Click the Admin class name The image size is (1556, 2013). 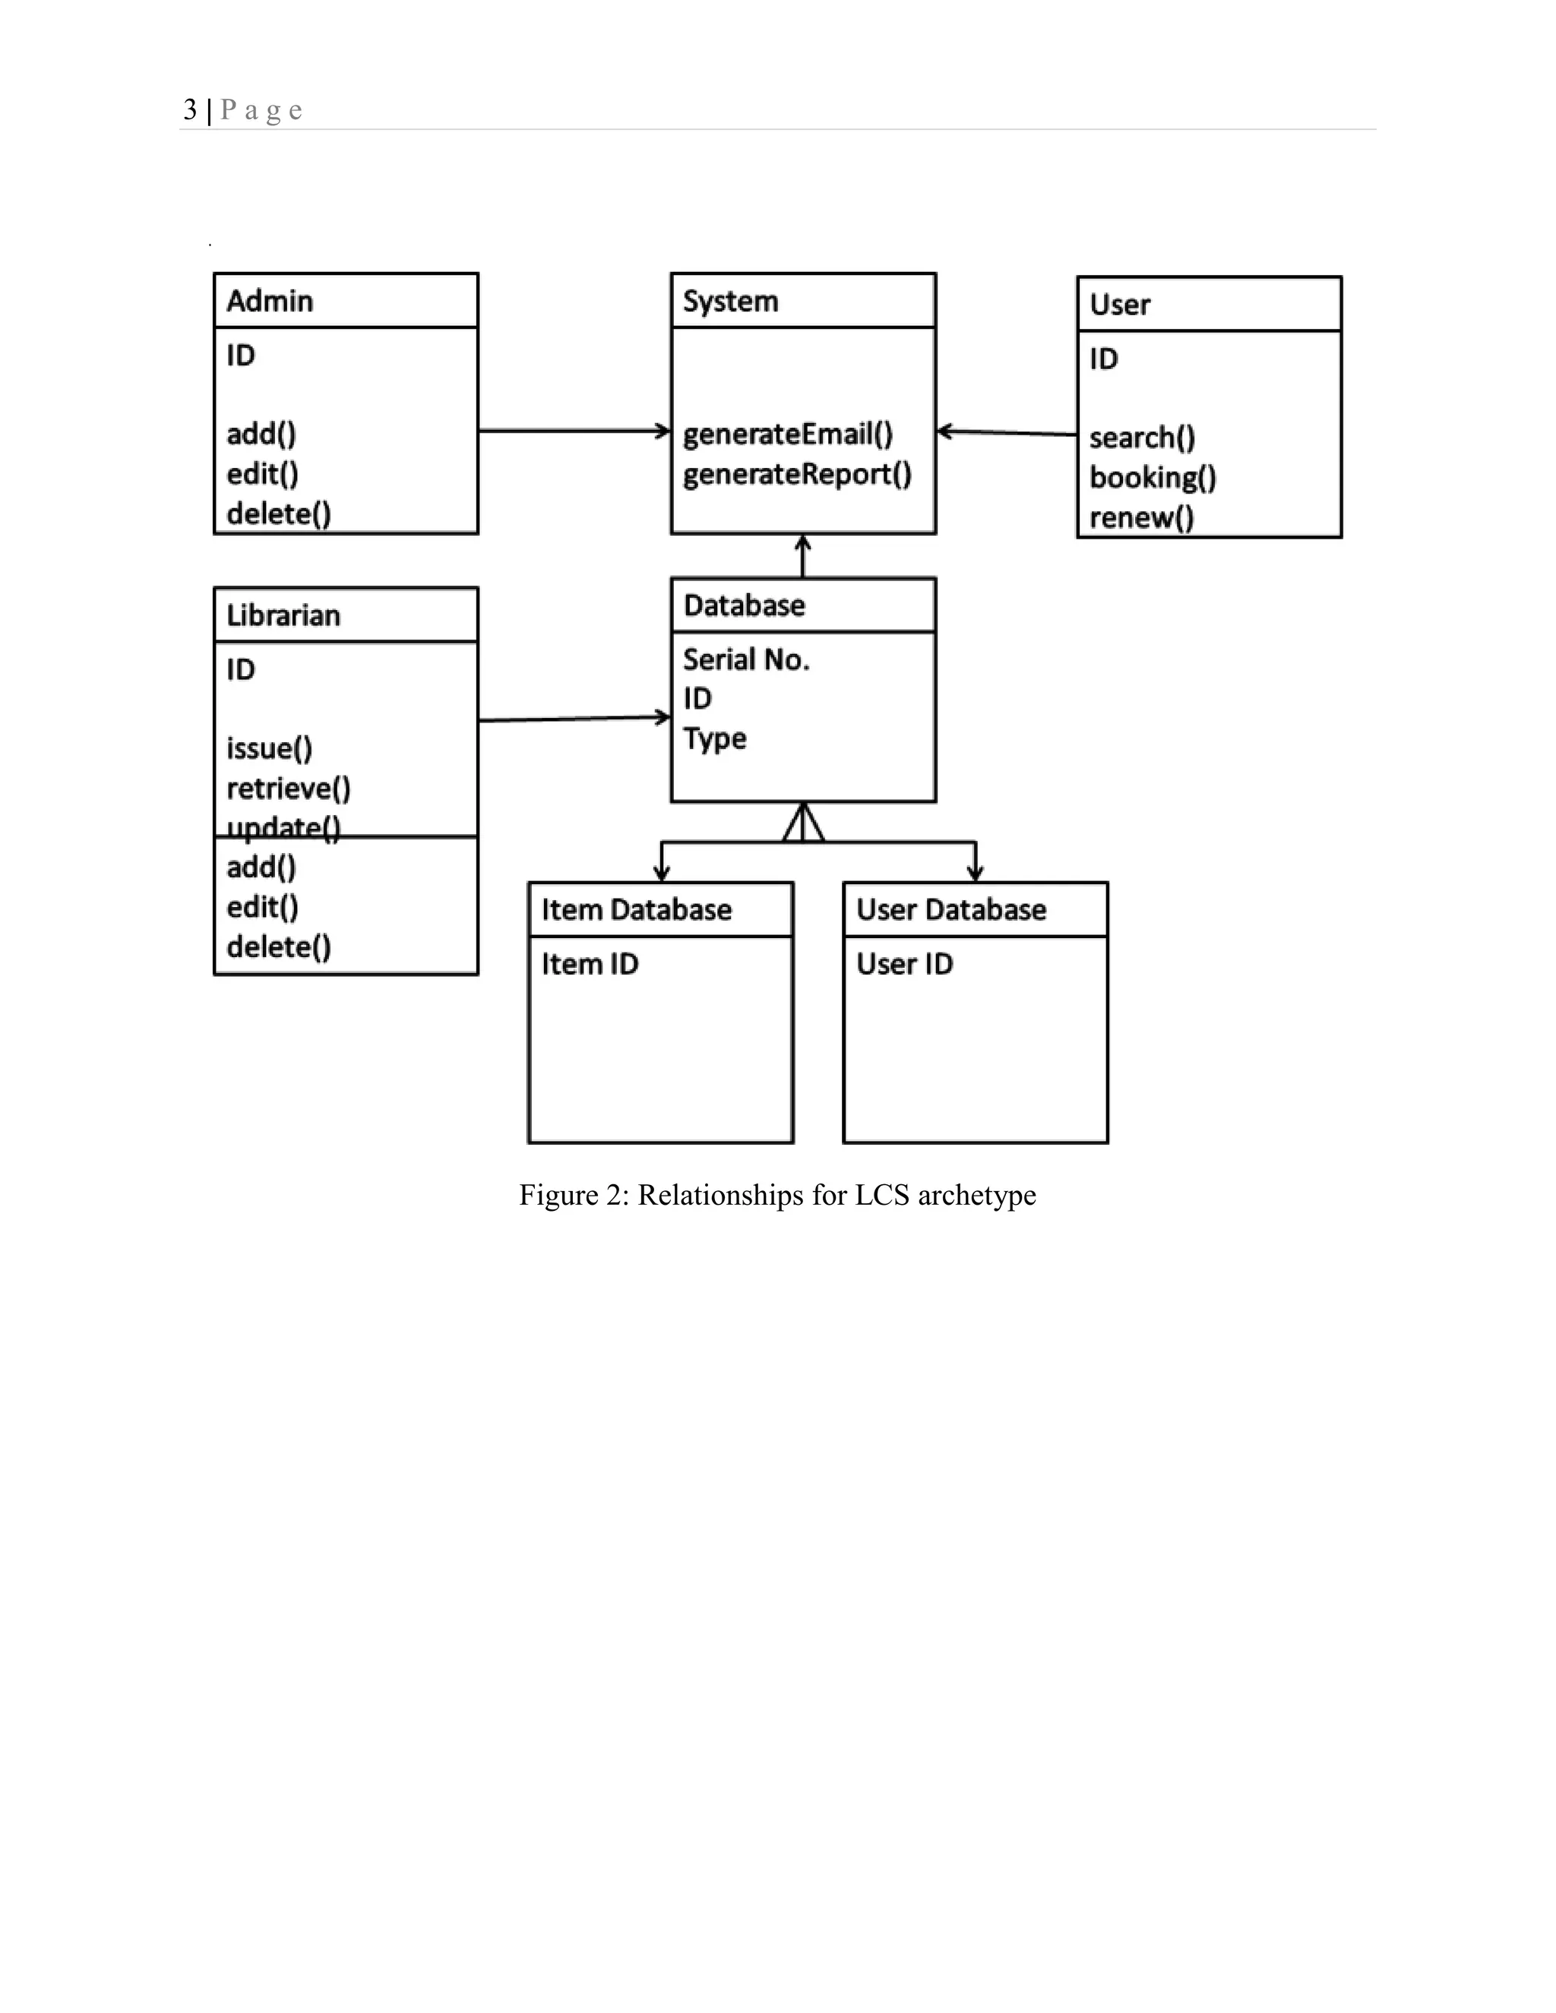269,302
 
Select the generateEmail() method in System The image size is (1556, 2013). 787,434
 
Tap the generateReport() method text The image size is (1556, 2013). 796,475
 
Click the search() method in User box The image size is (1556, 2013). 1141,438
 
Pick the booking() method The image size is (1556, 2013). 1153,478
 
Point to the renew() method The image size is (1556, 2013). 1141,518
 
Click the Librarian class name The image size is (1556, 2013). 283,616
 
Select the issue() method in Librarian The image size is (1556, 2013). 269,748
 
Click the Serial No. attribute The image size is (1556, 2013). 746,660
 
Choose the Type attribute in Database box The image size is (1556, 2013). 714,739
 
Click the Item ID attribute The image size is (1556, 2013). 589,964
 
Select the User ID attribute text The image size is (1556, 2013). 904,964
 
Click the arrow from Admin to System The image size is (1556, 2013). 574,431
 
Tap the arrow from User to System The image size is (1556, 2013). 1007,432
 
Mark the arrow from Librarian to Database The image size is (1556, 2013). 574,718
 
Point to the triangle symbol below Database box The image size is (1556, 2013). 803,823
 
